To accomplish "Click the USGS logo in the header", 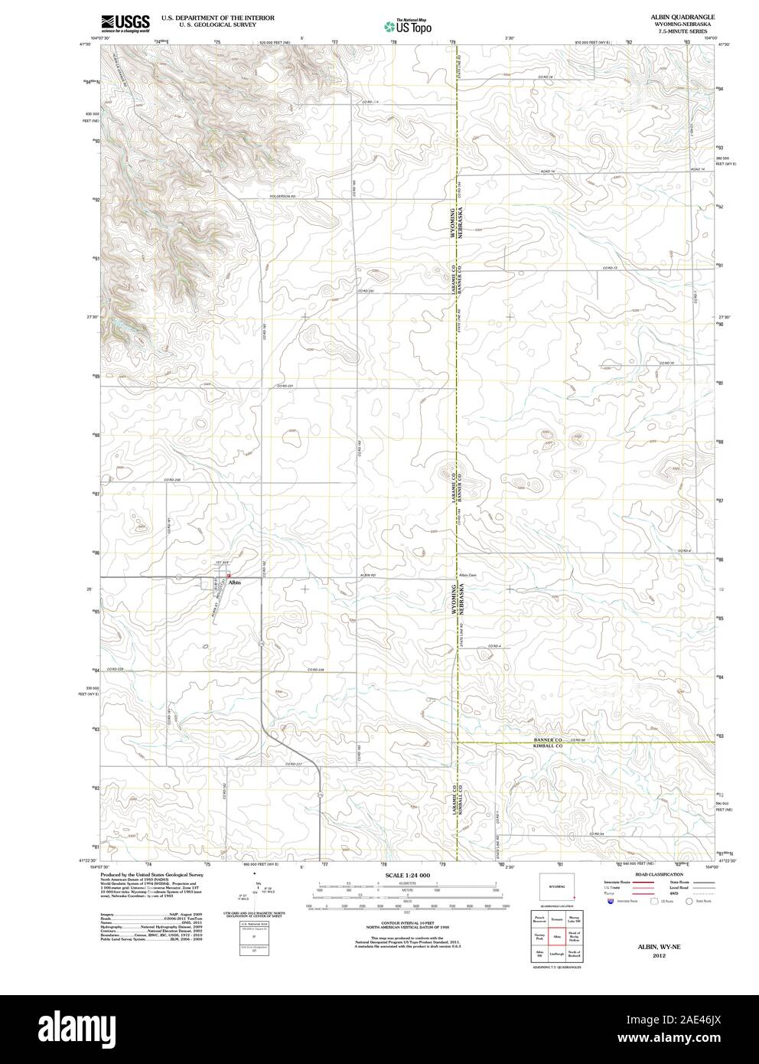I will [x=123, y=22].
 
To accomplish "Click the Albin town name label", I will [x=236, y=583].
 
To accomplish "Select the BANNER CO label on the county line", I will [x=548, y=740].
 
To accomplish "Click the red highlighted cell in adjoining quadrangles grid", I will [x=558, y=935].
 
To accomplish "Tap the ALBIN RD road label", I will [x=369, y=575].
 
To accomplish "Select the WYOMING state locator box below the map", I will [x=558, y=886].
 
